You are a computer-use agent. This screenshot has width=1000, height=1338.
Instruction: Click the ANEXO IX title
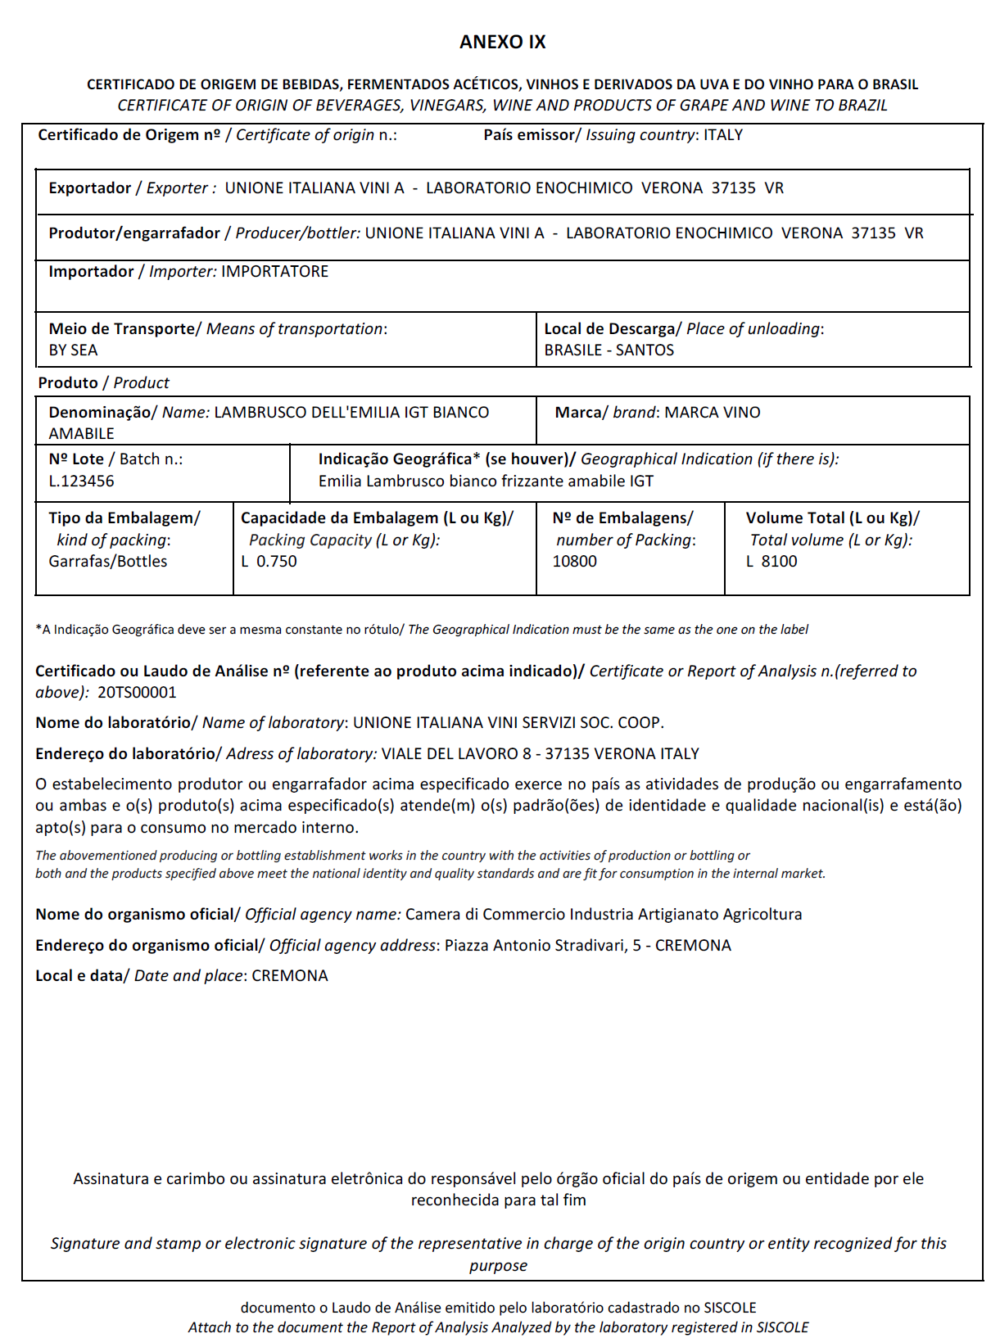click(502, 43)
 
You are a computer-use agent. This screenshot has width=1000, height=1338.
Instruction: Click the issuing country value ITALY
click(723, 135)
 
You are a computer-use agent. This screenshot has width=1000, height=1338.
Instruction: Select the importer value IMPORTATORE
click(274, 272)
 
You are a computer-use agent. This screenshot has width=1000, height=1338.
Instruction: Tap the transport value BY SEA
click(73, 350)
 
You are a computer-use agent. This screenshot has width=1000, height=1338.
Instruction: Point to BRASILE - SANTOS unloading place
click(609, 350)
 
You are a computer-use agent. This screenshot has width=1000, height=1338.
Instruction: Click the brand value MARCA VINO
click(712, 413)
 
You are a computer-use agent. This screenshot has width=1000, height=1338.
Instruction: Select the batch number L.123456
click(81, 481)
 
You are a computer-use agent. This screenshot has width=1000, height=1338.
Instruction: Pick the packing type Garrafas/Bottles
click(107, 562)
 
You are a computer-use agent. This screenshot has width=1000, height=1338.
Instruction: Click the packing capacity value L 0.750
click(269, 562)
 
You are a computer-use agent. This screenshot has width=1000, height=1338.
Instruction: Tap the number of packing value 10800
click(574, 562)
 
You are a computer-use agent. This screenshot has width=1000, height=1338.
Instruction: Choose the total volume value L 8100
click(771, 562)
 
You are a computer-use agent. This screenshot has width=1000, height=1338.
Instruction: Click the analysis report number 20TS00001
click(137, 693)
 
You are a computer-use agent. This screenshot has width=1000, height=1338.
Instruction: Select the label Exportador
click(89, 188)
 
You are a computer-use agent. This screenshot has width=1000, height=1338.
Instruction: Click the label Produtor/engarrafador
click(133, 233)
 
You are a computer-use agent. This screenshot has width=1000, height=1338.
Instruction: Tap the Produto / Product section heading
click(103, 383)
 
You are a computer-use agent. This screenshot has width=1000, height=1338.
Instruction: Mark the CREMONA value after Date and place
click(290, 976)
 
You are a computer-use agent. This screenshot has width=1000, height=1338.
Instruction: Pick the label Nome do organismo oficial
click(135, 915)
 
